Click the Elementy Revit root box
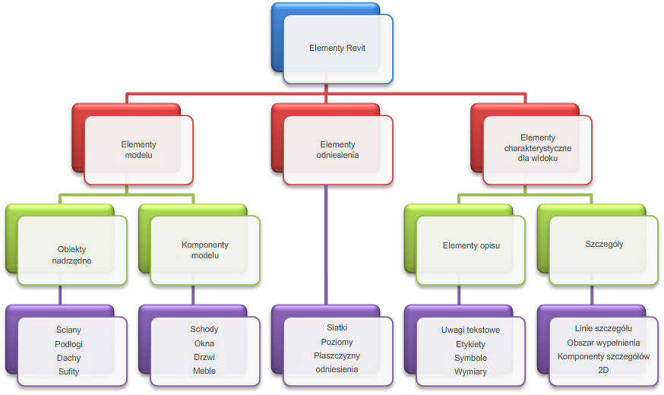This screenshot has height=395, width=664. tap(337, 48)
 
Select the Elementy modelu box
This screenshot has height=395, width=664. tap(138, 149)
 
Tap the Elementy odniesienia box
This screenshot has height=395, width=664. tap(337, 149)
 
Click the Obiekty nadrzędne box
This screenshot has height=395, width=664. tap(72, 254)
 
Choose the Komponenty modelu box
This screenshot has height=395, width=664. tap(205, 250)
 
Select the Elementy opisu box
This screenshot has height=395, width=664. tap(471, 246)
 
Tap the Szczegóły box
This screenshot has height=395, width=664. tap(604, 245)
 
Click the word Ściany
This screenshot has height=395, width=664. tap(68, 330)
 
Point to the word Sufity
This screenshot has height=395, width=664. tap(68, 371)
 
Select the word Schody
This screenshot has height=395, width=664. tap(204, 329)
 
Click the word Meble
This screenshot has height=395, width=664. tap(204, 371)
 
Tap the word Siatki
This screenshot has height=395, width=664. tap(337, 327)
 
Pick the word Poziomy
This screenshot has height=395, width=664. tap(337, 341)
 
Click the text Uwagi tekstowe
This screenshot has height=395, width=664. tap(471, 330)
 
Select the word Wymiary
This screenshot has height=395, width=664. tap(471, 371)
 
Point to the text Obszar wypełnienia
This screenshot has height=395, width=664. tap(603, 343)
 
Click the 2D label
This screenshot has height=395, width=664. tap(603, 370)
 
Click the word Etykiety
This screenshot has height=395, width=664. tap(471, 343)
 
